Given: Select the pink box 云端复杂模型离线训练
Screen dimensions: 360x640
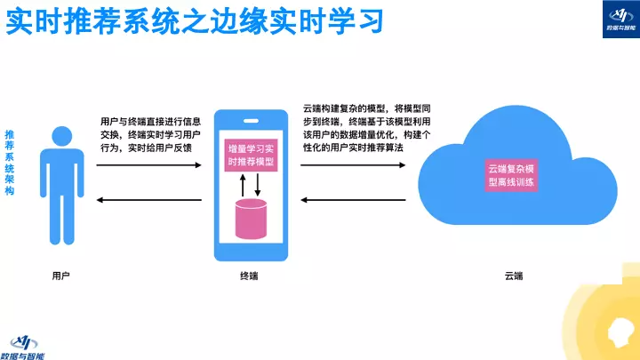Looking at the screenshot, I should tap(513, 174).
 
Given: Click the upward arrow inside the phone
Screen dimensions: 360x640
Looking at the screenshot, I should tap(243, 185).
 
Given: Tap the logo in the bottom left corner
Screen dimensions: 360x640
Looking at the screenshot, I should tap(27, 344).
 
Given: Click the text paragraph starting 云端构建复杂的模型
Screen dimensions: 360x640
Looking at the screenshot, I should tap(366, 127).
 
